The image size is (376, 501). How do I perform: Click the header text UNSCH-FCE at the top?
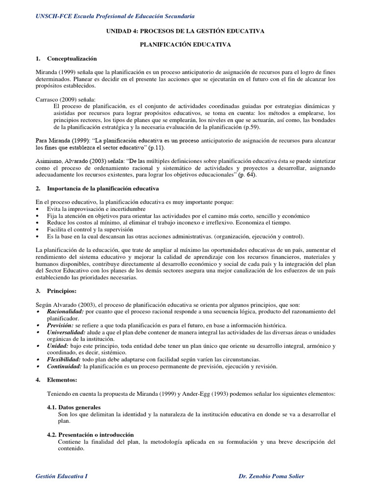pyautogui.click(x=52, y=16)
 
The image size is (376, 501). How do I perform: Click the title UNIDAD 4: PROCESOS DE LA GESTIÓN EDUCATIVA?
pyautogui.click(x=185, y=31)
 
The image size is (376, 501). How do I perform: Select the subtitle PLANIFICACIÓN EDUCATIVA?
pyautogui.click(x=185, y=45)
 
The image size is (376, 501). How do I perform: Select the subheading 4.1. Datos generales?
pyautogui.click(x=73, y=407)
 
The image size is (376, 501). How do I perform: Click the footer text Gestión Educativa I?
pyautogui.click(x=62, y=476)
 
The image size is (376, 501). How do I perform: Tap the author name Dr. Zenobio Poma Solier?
pyautogui.click(x=271, y=476)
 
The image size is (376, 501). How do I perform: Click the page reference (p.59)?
pyautogui.click(x=251, y=127)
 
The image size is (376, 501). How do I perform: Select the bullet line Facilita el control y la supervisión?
pyautogui.click(x=83, y=229)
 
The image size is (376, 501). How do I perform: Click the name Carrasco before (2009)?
pyautogui.click(x=48, y=99)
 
